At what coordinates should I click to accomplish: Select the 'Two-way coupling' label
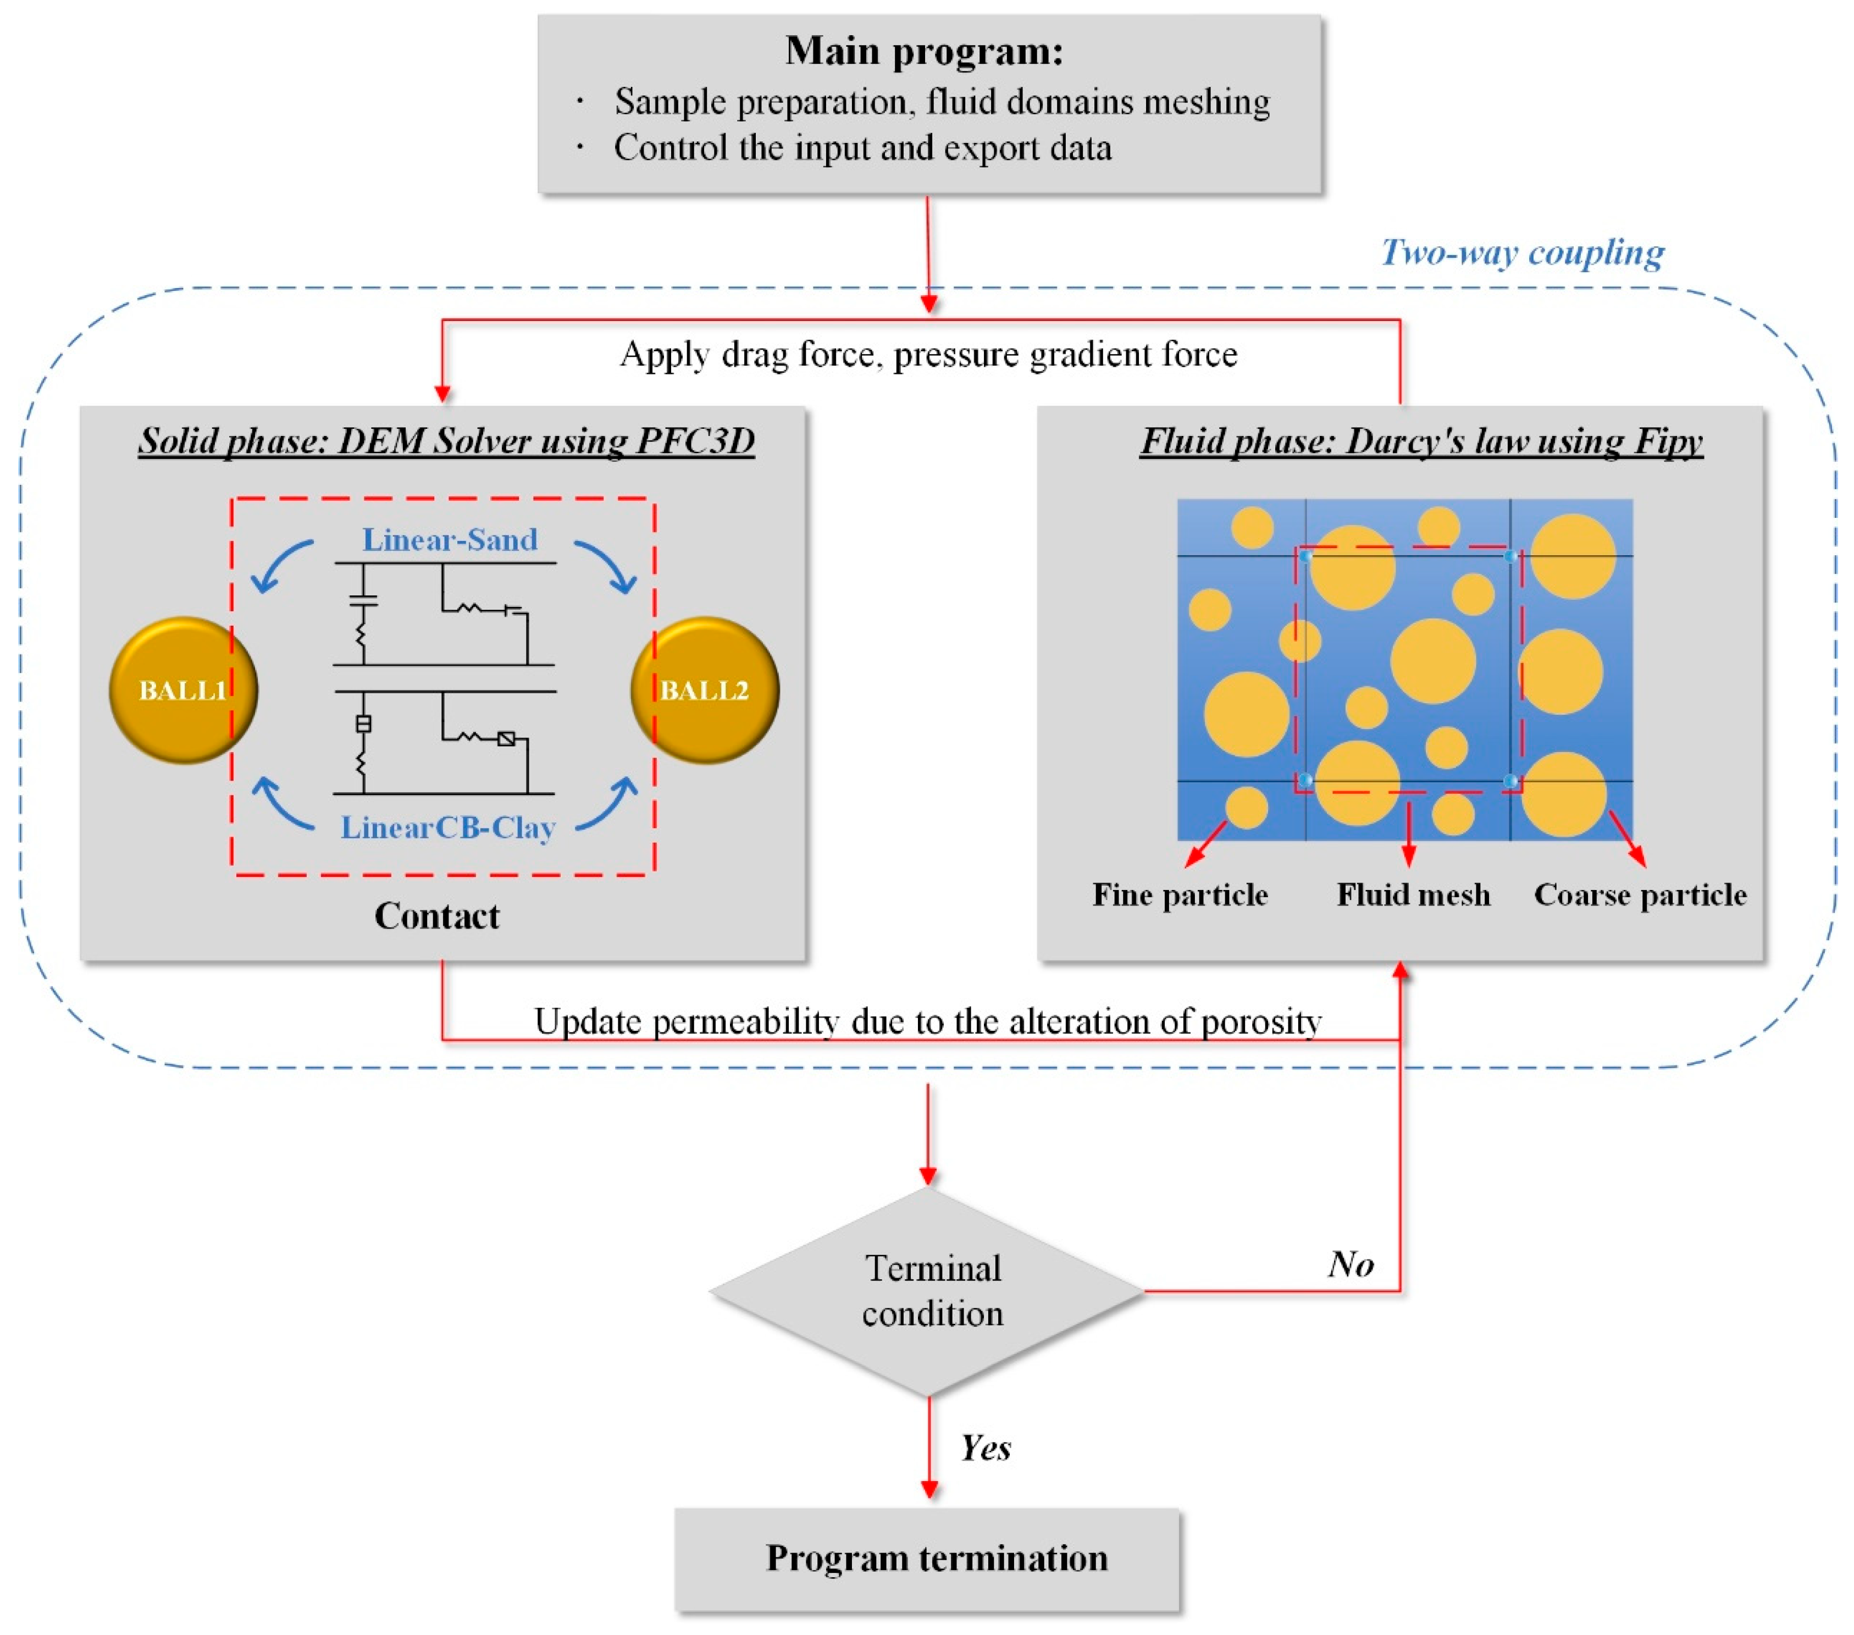pyautogui.click(x=1522, y=252)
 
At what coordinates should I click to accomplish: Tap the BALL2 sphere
pyautogui.click(x=705, y=691)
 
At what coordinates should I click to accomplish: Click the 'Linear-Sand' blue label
pyautogui.click(x=450, y=540)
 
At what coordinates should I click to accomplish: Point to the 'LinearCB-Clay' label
pyautogui.click(x=448, y=827)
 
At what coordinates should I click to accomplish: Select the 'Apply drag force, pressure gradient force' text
pyautogui.click(x=928, y=355)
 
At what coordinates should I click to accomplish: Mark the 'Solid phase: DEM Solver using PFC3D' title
pyautogui.click(x=446, y=441)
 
